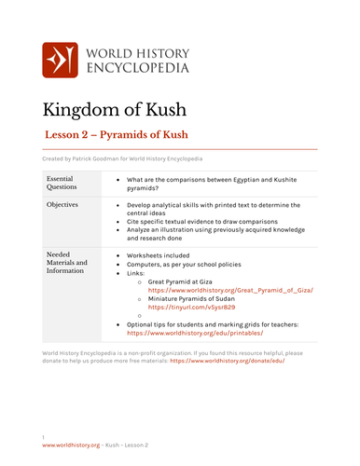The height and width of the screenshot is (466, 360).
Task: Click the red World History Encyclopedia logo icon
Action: pyautogui.click(x=61, y=60)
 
